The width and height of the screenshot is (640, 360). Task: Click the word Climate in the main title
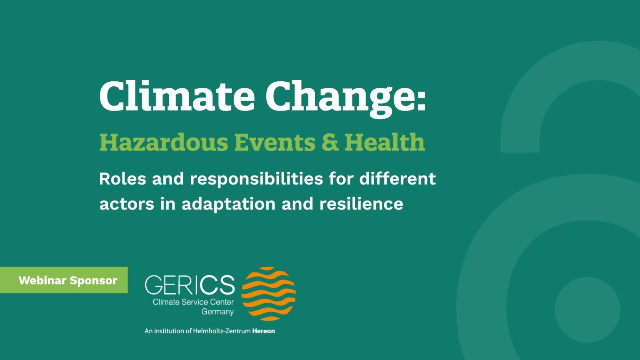click(x=177, y=96)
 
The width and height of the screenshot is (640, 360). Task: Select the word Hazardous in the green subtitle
click(x=164, y=142)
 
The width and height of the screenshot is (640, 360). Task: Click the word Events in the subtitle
click(x=275, y=142)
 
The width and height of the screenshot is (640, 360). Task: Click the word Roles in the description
click(x=122, y=179)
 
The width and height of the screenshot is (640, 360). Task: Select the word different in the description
click(x=397, y=178)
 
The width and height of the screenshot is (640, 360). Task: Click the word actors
click(x=127, y=204)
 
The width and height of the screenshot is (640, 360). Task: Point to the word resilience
click(x=361, y=204)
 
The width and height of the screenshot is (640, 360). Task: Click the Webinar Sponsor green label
click(x=64, y=280)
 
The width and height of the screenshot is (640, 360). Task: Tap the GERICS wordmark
click(x=190, y=285)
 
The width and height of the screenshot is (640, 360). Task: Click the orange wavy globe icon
click(x=269, y=294)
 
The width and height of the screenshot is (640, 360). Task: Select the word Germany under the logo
click(x=217, y=312)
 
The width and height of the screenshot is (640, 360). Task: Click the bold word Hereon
click(x=263, y=331)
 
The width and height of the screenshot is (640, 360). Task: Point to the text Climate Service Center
click(x=193, y=302)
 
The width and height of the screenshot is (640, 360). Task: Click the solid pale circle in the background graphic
click(x=587, y=310)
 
